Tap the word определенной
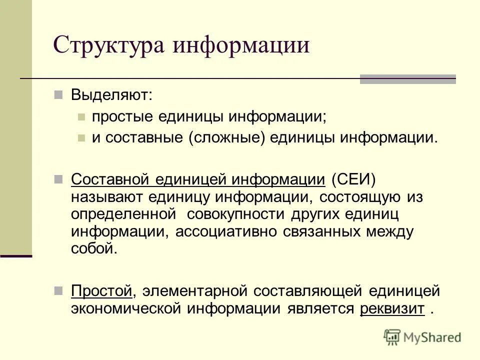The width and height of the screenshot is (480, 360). (123, 214)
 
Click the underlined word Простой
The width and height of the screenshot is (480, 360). (101, 290)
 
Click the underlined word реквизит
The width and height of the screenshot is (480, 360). (392, 308)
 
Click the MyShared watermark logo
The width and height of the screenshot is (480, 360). (422, 338)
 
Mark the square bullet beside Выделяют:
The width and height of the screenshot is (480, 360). (58, 94)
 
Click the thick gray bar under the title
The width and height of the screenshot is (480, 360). (408, 78)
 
